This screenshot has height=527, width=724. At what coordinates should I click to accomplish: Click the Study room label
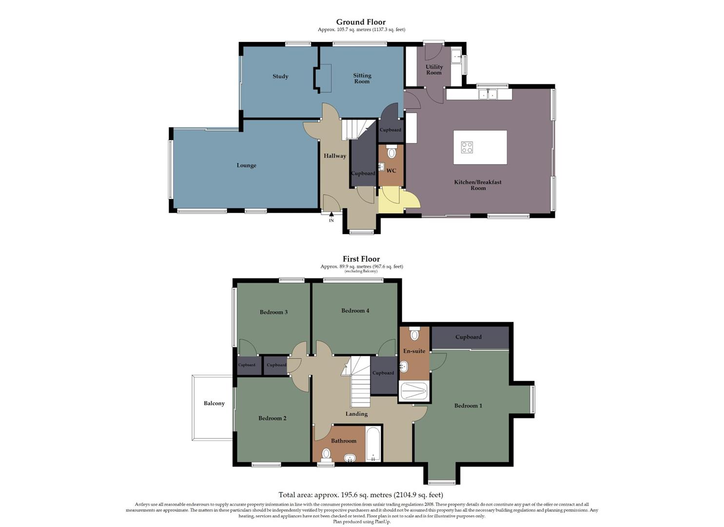click(280, 77)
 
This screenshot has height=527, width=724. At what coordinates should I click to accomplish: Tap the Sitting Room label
click(362, 79)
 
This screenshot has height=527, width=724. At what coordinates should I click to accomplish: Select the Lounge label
click(246, 165)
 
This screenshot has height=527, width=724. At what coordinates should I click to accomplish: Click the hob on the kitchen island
click(467, 147)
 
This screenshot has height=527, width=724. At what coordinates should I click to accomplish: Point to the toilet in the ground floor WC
click(391, 153)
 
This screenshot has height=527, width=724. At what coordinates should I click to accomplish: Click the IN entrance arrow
click(332, 215)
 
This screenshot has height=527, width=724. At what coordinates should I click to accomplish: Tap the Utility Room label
click(434, 70)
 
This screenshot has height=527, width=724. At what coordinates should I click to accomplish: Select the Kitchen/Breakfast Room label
click(478, 185)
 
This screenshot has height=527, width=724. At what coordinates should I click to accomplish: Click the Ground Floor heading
click(361, 22)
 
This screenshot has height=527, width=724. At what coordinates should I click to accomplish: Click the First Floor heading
click(361, 259)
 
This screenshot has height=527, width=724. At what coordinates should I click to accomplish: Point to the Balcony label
click(214, 404)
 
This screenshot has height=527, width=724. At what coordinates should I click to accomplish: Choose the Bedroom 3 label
click(274, 312)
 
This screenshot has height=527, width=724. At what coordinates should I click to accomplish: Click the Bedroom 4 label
click(355, 311)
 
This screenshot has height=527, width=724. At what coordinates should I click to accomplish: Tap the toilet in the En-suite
click(414, 334)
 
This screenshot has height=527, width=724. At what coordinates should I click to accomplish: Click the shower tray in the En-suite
click(413, 391)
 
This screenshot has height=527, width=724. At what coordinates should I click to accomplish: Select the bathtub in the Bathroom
click(373, 444)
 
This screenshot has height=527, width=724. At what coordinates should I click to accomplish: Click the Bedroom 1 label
click(468, 406)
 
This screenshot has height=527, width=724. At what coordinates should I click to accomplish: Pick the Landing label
click(356, 414)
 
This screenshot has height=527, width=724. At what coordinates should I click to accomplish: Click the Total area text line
click(361, 495)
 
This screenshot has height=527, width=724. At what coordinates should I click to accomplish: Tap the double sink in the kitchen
click(487, 94)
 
